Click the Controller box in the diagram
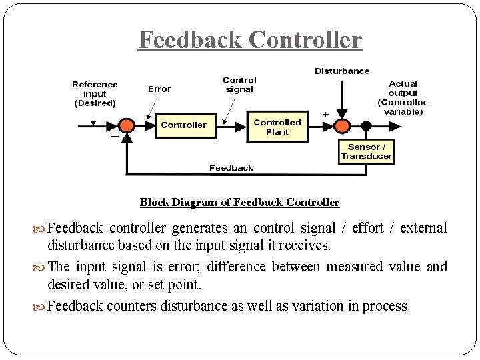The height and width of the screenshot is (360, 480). click(x=186, y=126)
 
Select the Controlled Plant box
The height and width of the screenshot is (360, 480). click(x=277, y=127)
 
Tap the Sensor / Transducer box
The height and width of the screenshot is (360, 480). click(x=366, y=152)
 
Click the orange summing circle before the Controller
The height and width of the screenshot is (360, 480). click(x=127, y=125)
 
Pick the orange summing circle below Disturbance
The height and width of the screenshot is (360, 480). click(x=342, y=126)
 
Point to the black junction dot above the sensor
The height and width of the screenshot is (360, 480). click(x=366, y=125)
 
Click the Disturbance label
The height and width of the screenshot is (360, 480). click(x=342, y=71)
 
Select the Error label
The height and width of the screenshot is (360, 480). click(x=159, y=89)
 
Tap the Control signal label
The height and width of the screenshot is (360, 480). click(x=239, y=85)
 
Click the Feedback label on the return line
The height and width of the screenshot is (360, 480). click(x=231, y=168)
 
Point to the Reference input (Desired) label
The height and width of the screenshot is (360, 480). click(x=95, y=94)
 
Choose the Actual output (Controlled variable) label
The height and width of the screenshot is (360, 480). click(x=403, y=97)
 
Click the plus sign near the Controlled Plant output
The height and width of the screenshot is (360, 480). click(x=325, y=114)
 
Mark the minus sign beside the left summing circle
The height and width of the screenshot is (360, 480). click(x=115, y=137)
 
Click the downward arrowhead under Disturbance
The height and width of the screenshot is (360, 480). click(x=342, y=113)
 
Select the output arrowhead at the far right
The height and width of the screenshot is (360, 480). click(x=395, y=126)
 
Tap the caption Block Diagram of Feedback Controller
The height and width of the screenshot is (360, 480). click(x=240, y=203)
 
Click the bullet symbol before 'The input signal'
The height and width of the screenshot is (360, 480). click(x=39, y=268)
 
